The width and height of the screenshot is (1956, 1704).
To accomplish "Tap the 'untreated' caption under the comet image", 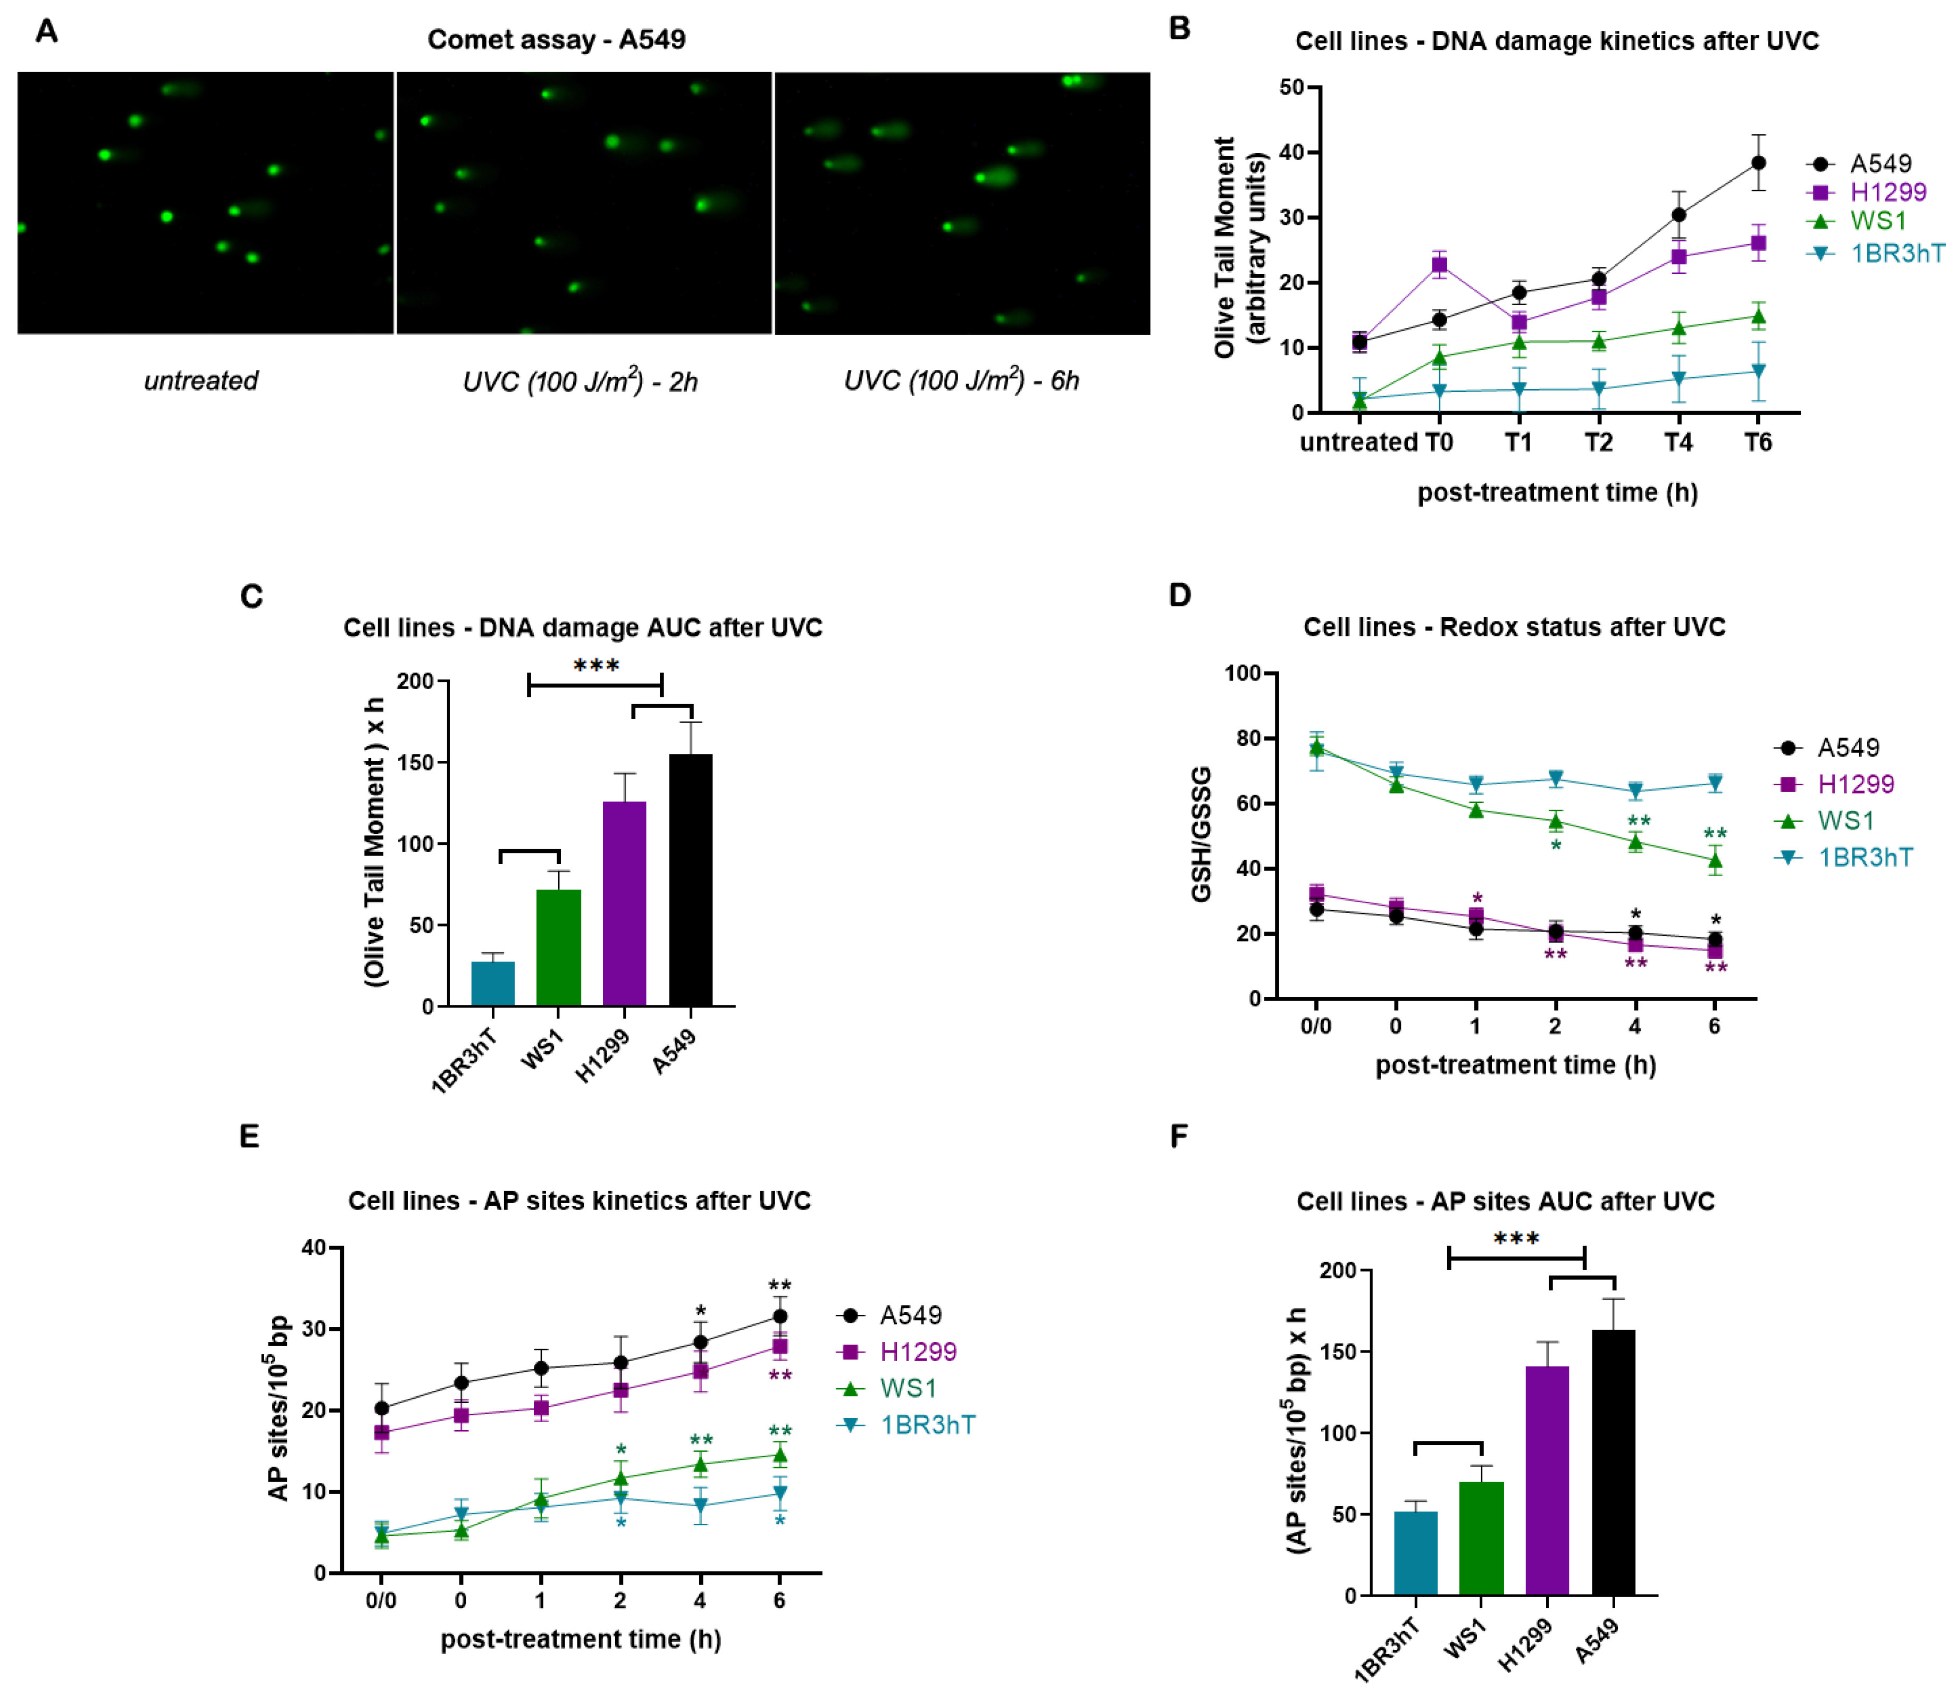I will pos(200,380).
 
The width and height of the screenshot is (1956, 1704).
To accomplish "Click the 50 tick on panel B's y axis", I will pos(1291,88).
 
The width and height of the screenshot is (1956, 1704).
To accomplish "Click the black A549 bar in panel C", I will pos(690,879).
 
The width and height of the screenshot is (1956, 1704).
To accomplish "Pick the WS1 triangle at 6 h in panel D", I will pos(1715,861).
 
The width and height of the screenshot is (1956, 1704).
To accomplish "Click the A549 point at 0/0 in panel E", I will pos(381,1408).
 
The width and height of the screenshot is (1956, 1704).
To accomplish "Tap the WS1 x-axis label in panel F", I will pos(1464,1642).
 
